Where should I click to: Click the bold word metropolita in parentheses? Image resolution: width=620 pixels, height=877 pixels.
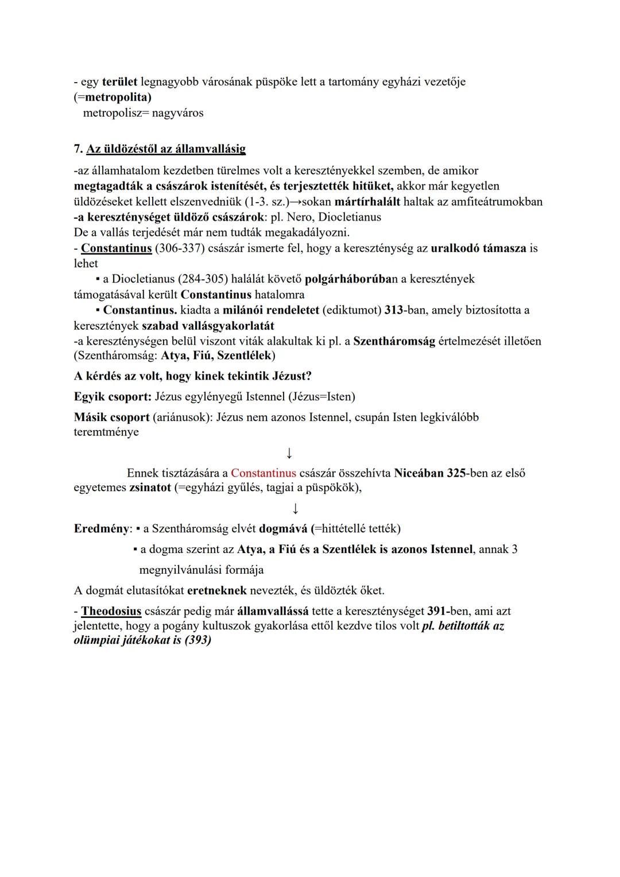(x=118, y=97)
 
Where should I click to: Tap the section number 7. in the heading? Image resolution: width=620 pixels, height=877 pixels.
(x=79, y=149)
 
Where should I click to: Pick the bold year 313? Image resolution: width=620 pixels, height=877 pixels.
(x=393, y=310)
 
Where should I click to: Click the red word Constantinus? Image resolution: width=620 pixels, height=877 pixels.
(x=263, y=473)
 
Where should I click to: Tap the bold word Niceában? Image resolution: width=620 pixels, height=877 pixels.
(x=418, y=473)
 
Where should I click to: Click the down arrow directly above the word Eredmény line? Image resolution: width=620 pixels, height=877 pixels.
(x=295, y=509)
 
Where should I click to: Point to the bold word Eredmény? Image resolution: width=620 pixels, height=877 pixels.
(x=100, y=528)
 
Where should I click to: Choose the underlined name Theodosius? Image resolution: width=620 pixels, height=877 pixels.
(x=111, y=611)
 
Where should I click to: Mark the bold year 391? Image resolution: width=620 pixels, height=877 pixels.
(x=437, y=611)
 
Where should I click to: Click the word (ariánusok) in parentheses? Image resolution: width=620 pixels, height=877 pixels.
(x=184, y=417)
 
